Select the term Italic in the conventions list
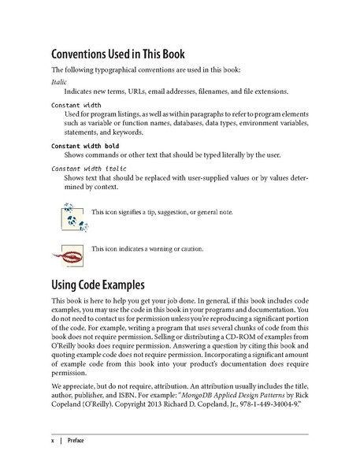pyautogui.click(x=60, y=81)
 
